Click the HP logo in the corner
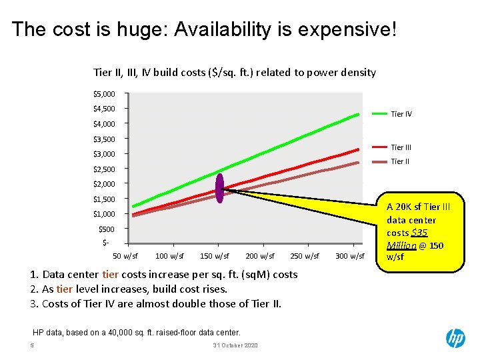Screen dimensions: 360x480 click(x=455, y=338)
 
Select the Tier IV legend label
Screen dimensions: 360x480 click(x=401, y=114)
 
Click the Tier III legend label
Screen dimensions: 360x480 click(x=401, y=147)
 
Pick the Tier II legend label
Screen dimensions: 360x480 click(x=400, y=161)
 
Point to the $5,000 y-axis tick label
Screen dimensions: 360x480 click(x=103, y=93)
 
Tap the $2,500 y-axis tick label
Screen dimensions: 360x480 click(x=103, y=169)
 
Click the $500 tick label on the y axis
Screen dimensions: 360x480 click(x=106, y=229)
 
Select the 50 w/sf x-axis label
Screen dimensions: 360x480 click(x=125, y=256)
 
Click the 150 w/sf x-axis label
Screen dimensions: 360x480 click(x=214, y=256)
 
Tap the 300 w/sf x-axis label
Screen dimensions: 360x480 click(x=349, y=256)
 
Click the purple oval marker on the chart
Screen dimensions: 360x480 click(x=219, y=187)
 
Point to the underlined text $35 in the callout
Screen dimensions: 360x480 click(x=419, y=233)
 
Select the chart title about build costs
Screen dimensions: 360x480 click(x=235, y=72)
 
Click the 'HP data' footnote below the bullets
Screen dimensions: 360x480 click(x=137, y=332)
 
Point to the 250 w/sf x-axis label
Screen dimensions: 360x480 click(x=305, y=256)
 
